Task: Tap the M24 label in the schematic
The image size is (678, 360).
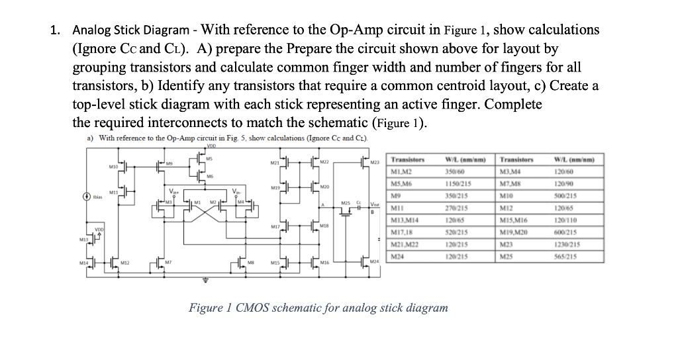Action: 375,263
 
